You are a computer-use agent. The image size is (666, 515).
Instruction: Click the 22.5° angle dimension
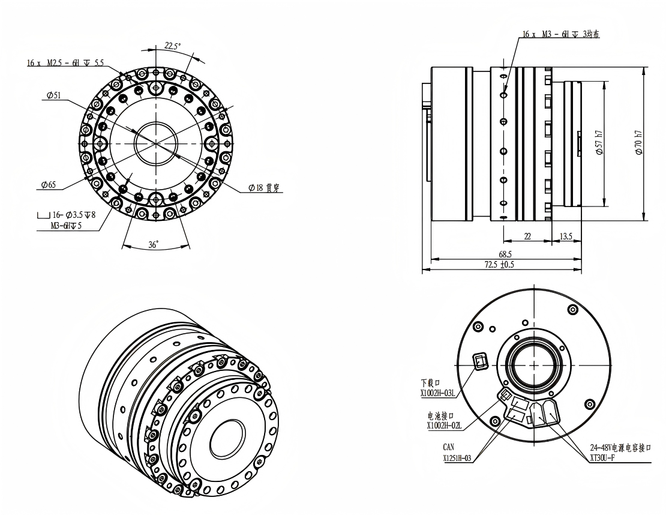[173, 46]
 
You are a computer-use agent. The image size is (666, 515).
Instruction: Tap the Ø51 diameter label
[53, 95]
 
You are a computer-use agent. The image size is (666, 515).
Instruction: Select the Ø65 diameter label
[49, 185]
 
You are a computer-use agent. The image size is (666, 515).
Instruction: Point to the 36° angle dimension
[154, 245]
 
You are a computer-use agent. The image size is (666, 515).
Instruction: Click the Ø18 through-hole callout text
[264, 188]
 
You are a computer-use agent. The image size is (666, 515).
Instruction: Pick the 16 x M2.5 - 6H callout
[65, 63]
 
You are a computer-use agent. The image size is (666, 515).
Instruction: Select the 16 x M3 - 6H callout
[560, 34]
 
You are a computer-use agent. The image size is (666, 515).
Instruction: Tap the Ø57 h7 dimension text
[599, 142]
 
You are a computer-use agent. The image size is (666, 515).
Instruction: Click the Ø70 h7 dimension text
[638, 142]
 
